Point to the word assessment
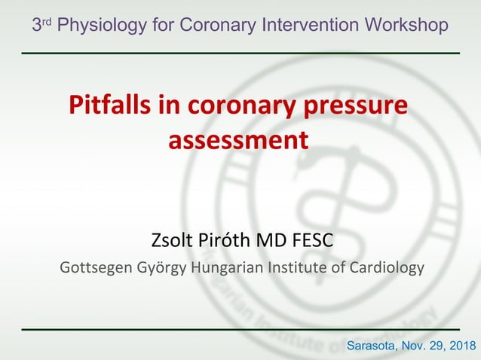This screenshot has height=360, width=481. tap(237, 141)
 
